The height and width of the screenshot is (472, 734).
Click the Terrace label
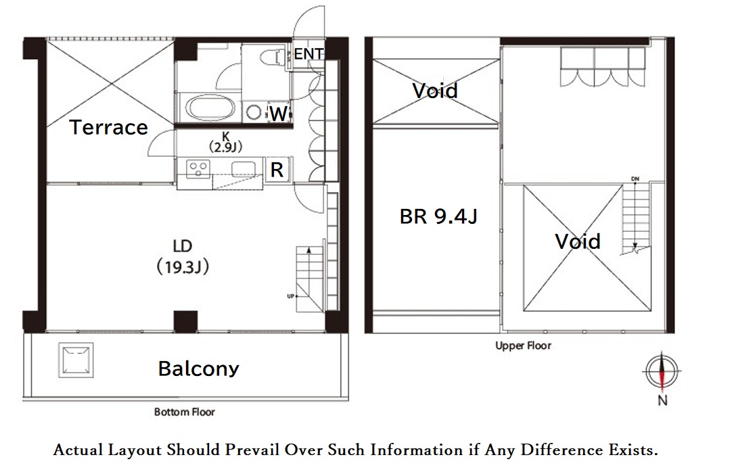pyautogui.click(x=109, y=127)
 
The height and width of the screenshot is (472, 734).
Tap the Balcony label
pyautogui.click(x=198, y=369)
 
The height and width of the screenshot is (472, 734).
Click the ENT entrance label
pyautogui.click(x=308, y=54)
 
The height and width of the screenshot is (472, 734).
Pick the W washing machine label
pyautogui.click(x=278, y=114)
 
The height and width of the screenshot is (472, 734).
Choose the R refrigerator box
pyautogui.click(x=277, y=170)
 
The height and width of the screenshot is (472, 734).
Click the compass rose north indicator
pyautogui.click(x=661, y=371)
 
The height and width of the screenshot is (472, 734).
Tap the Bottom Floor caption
pyautogui.click(x=185, y=411)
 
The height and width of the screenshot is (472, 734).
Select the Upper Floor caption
pyautogui.click(x=523, y=346)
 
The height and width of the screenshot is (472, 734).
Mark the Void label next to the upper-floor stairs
pyautogui.click(x=578, y=241)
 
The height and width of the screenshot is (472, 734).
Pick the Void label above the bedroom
pyautogui.click(x=435, y=90)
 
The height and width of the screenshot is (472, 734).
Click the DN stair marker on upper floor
pyautogui.click(x=635, y=179)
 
